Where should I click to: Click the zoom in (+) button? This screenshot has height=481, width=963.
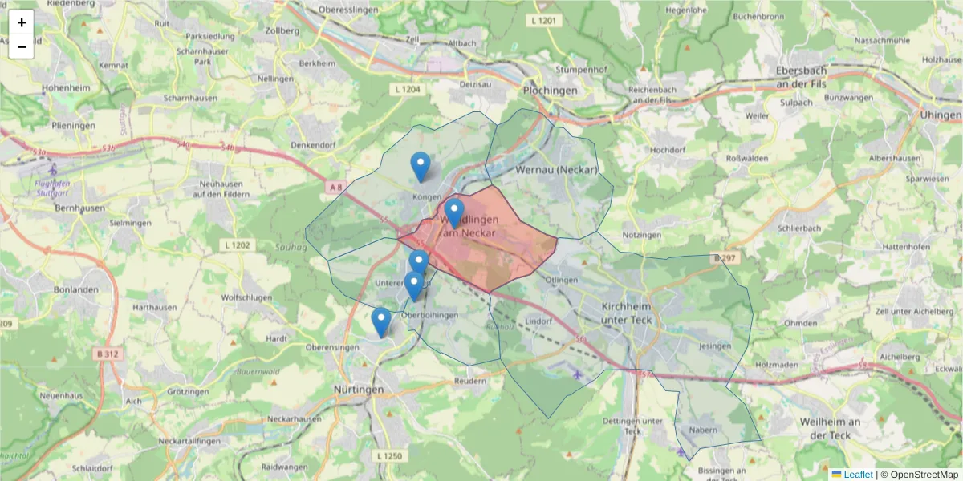coord(22,22)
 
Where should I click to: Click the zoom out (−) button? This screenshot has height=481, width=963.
coord(22,46)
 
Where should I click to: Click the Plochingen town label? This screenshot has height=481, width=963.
coord(550,91)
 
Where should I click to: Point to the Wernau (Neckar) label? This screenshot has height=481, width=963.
coord(557,170)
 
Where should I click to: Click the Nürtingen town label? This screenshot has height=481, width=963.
coord(358,389)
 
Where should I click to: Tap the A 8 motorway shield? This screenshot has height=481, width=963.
coord(335,187)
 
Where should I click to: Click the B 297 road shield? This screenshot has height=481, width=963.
coord(724,258)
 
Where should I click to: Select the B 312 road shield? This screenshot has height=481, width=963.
coord(105,354)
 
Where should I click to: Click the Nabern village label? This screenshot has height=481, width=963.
coord(703,430)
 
